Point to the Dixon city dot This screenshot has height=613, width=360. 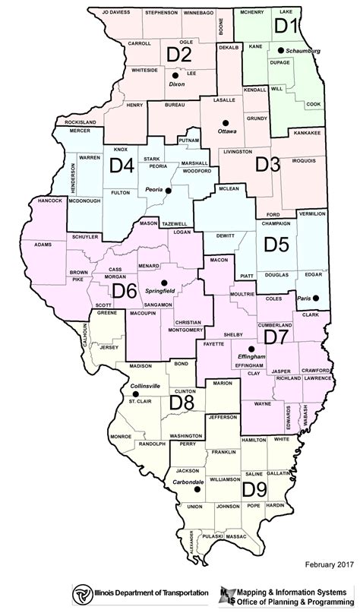click(175, 76)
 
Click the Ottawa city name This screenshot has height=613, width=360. click(226, 131)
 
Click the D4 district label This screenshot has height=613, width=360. click(124, 165)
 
